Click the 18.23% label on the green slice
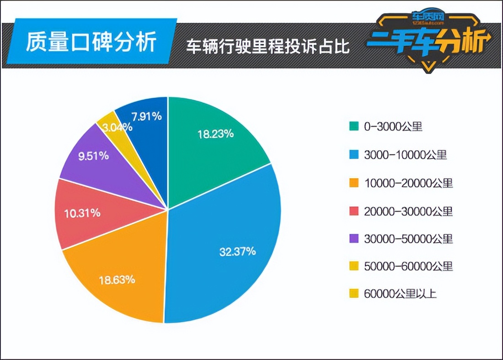pyautogui.click(x=216, y=134)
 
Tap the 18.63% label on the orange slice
pyautogui.click(x=117, y=280)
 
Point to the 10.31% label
pyautogui.click(x=82, y=213)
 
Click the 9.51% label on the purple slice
pyautogui.click(x=93, y=156)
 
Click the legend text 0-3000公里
pyautogui.click(x=393, y=127)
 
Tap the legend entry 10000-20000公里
pyautogui.click(x=408, y=183)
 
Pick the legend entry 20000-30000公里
pyautogui.click(x=408, y=211)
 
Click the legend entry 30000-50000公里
pyautogui.click(x=408, y=238)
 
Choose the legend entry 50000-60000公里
pyautogui.click(x=408, y=266)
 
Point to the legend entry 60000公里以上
pyautogui.click(x=400, y=294)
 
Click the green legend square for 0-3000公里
pyautogui.click(x=353, y=127)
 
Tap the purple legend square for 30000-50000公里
pyautogui.click(x=353, y=238)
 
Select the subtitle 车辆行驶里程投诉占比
pyautogui.click(x=268, y=46)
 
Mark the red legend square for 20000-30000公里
pyautogui.click(x=353, y=211)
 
